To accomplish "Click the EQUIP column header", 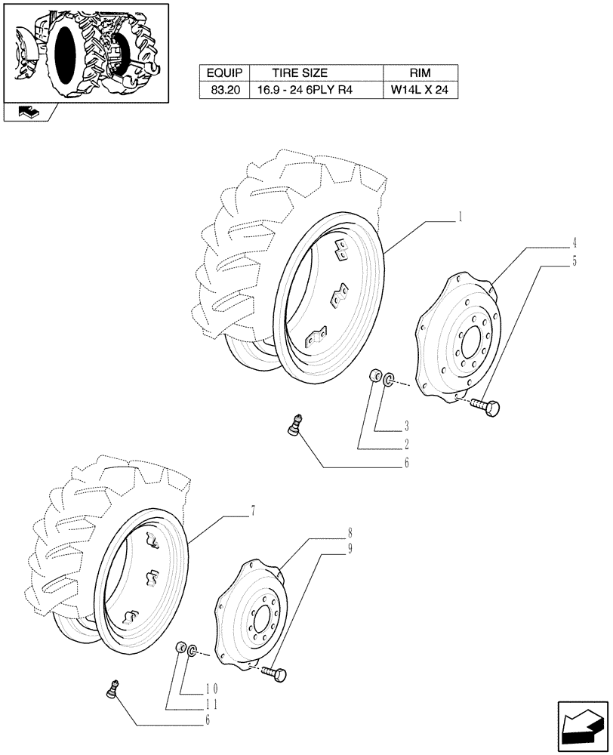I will (x=223, y=73).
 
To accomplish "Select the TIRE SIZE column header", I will (x=300, y=73).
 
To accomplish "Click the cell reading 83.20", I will (x=223, y=91).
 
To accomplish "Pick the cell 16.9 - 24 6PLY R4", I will (x=300, y=91).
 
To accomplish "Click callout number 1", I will (x=460, y=216).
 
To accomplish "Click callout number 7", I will (x=254, y=511).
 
